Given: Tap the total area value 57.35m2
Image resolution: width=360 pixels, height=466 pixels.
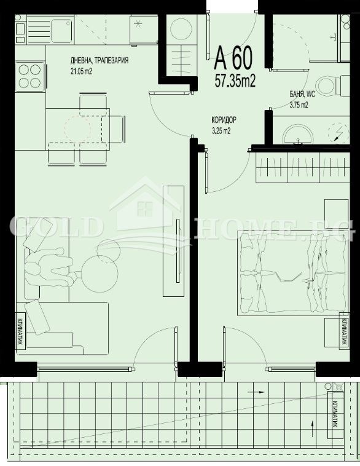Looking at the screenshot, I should (x=235, y=80).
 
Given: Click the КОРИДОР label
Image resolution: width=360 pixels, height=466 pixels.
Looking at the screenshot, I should (x=224, y=121).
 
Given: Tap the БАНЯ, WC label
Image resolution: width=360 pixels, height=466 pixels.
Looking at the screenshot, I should (x=303, y=95).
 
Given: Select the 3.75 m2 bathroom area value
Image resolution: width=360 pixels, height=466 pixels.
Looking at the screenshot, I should (x=299, y=105).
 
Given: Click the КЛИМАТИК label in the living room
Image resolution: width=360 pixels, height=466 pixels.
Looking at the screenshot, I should (x=20, y=333).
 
